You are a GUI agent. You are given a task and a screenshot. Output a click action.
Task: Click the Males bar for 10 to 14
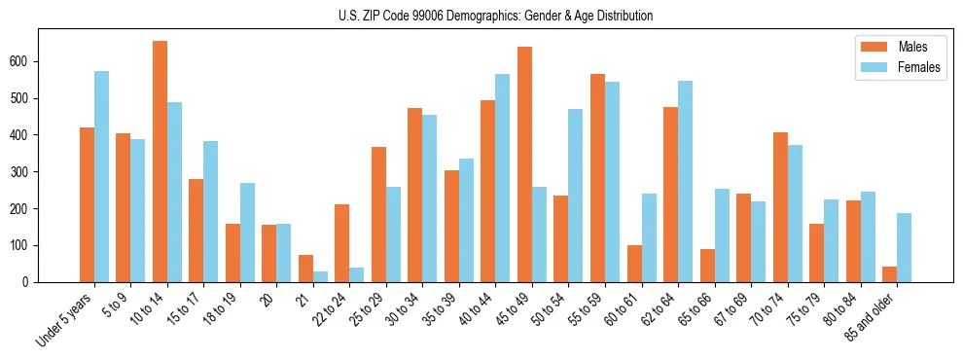160,162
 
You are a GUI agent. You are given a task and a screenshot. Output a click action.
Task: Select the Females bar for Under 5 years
101,176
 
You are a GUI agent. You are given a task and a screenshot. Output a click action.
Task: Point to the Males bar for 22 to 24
341,243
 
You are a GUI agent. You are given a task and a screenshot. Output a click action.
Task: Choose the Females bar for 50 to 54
575,196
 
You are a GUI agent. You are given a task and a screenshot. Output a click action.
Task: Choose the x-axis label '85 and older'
872,316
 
